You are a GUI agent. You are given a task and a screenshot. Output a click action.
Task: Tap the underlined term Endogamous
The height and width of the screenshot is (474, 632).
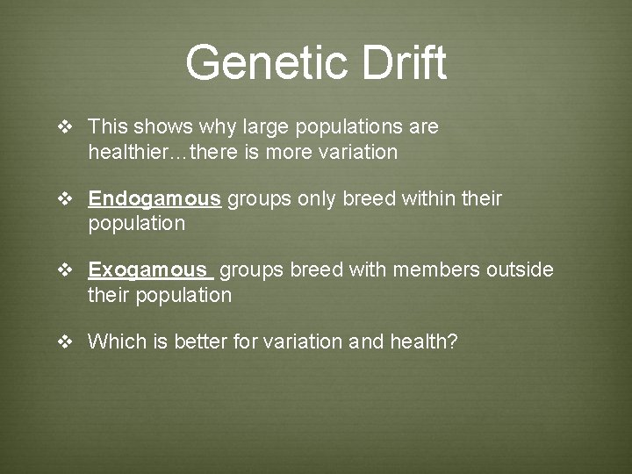[154, 198]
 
